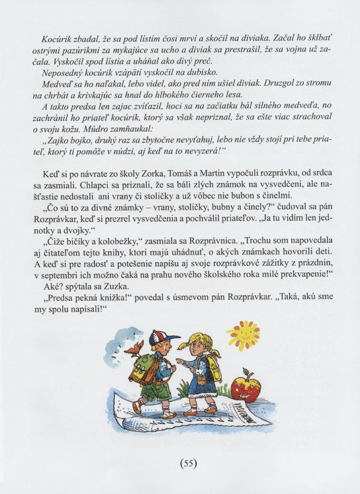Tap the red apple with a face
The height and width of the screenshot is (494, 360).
[x=246, y=385]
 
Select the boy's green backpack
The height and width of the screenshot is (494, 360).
[x=144, y=369]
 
